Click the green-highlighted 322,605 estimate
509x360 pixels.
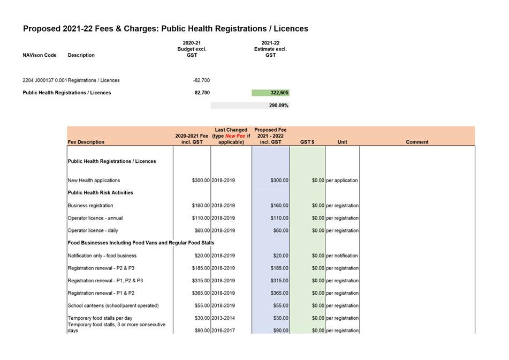279,93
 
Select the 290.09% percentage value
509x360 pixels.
278,106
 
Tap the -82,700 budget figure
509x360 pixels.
201,80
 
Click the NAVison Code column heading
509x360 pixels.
40,55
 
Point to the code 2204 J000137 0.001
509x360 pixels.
45,80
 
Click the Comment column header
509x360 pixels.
417,142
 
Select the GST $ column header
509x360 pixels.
307,142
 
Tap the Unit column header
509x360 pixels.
342,142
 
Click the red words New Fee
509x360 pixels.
235,136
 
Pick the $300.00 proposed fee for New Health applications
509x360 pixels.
279,181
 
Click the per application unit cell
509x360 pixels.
342,181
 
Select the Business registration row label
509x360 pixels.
90,205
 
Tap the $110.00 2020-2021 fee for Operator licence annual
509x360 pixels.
201,218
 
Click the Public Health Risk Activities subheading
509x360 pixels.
100,193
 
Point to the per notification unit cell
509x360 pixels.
342,256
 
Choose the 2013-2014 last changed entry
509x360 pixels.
223,318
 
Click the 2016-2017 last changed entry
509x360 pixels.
223,331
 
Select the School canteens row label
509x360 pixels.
113,305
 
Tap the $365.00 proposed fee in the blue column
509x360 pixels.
279,293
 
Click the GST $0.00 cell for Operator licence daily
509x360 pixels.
318,230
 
